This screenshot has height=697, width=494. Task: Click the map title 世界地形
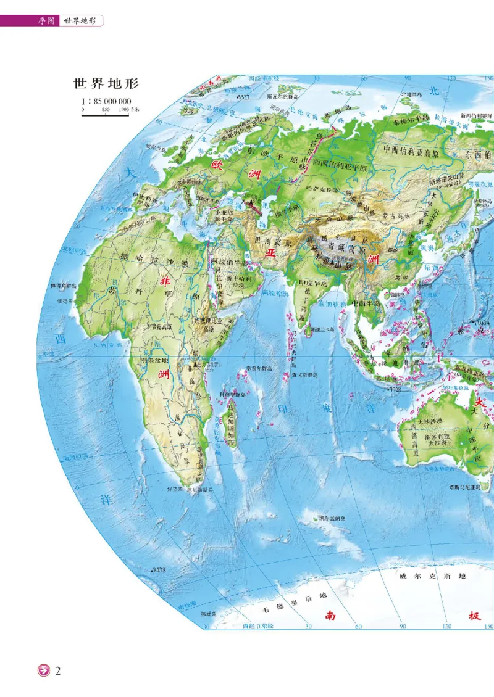pos(106,84)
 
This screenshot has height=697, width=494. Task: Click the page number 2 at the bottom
pos(58,670)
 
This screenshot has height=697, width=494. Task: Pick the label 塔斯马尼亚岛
pos(471,487)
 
